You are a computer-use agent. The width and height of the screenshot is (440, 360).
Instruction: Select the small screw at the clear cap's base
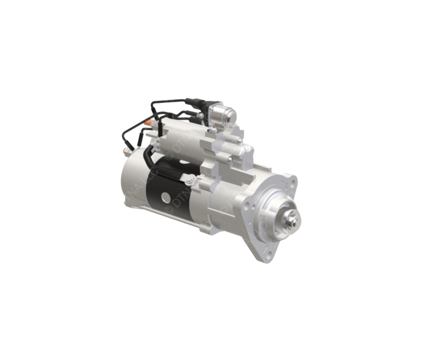(213, 130)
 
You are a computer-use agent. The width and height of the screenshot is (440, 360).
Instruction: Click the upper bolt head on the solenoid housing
(239, 140)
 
